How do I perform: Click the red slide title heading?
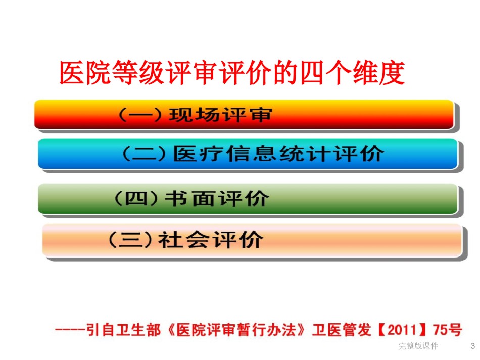[x=232, y=73]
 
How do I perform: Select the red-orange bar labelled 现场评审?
[x=244, y=115]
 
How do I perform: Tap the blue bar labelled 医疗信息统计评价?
[x=248, y=153]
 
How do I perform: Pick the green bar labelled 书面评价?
[x=248, y=198]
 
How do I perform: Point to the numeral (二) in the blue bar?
[x=144, y=153]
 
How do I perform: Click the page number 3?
[x=472, y=346]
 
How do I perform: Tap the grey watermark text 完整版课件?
[x=418, y=346]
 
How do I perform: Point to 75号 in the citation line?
[x=447, y=330]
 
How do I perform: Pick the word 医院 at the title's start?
[x=85, y=73]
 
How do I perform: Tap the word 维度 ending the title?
[x=379, y=73]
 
